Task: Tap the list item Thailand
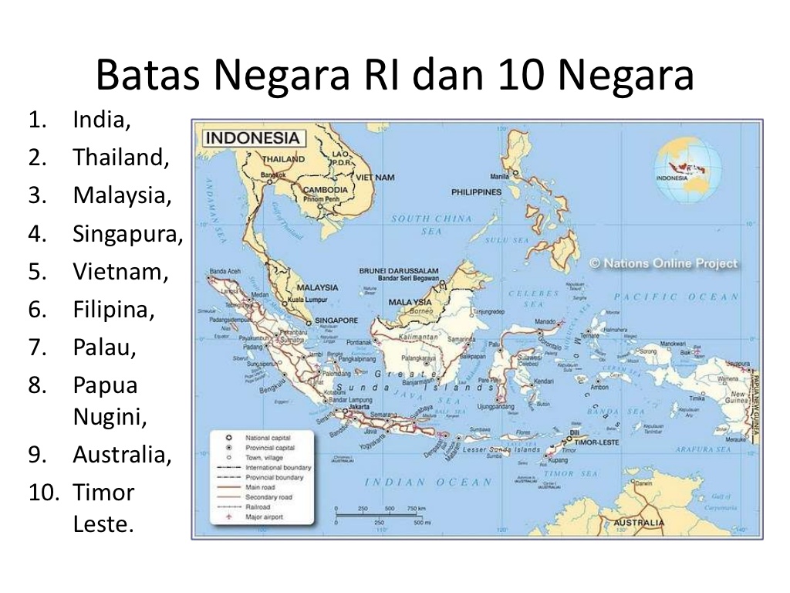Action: (120, 158)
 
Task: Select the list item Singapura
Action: (128, 234)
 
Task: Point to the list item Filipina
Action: (113, 310)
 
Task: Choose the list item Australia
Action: (122, 455)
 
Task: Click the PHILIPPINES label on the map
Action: (476, 192)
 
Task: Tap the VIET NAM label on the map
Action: (375, 177)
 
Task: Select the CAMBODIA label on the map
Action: (326, 190)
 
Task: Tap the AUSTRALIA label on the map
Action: (638, 524)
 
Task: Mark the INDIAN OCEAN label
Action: (428, 483)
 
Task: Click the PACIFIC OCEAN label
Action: (676, 296)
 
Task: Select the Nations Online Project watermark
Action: (663, 263)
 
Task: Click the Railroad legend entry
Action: (258, 507)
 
